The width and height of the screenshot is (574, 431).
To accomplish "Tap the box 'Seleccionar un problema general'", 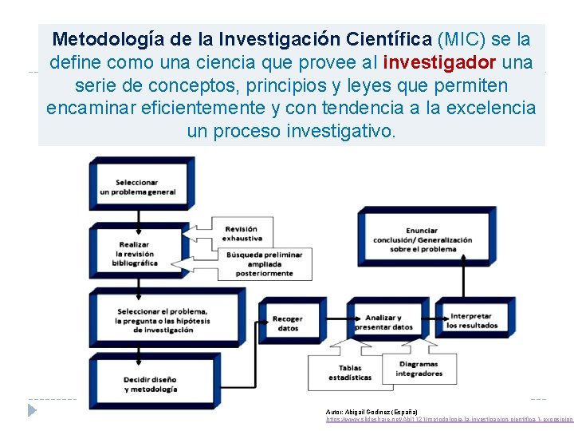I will [140, 186].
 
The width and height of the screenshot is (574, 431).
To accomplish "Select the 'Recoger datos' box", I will [287, 322].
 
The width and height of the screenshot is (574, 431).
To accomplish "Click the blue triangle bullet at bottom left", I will [32, 410].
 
